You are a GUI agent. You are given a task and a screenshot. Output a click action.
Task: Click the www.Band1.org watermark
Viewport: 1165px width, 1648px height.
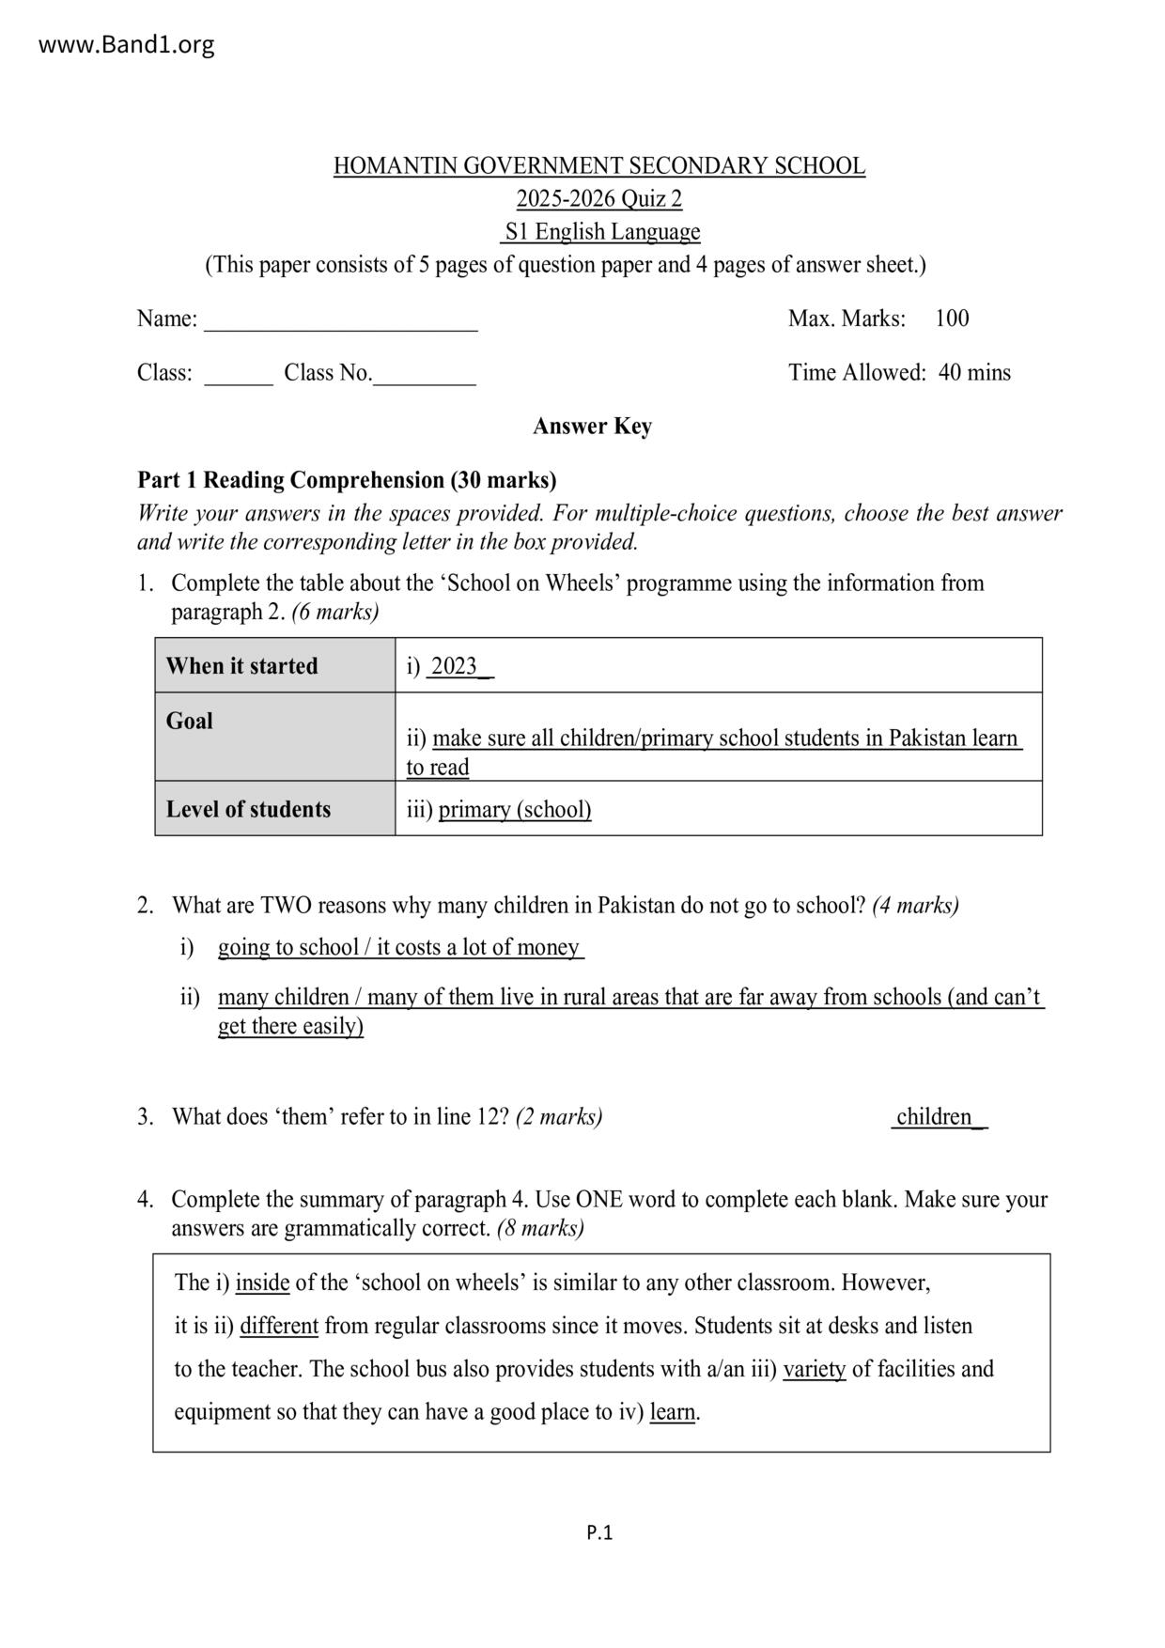(x=126, y=44)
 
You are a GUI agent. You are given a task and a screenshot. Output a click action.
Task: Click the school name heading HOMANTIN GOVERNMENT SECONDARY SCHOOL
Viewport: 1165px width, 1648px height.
(x=598, y=166)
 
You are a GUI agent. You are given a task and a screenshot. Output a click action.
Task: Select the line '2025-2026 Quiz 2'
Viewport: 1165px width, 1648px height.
(x=598, y=199)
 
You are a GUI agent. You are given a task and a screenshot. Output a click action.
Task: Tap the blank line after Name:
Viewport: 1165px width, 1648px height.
(x=341, y=321)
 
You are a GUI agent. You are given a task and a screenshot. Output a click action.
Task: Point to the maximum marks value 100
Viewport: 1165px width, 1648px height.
(x=952, y=319)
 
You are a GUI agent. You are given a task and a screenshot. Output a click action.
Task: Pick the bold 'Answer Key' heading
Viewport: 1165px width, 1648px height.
(x=592, y=427)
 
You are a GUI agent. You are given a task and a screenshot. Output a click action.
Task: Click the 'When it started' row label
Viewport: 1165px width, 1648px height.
(x=241, y=666)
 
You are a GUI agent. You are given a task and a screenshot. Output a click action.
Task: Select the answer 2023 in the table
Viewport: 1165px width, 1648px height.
(x=455, y=666)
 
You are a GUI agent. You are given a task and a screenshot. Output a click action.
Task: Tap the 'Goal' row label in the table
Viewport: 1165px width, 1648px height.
(x=190, y=721)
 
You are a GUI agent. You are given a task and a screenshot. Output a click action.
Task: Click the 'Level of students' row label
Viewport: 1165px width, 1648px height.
(x=248, y=809)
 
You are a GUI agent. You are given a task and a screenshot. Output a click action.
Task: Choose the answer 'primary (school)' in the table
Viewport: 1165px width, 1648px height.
(x=515, y=809)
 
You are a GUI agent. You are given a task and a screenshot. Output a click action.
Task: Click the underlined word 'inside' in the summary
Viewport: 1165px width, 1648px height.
(x=262, y=1283)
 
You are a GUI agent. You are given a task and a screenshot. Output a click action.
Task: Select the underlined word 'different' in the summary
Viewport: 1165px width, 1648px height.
(x=279, y=1326)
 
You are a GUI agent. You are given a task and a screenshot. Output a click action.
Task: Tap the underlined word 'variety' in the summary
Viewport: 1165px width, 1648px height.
(x=815, y=1369)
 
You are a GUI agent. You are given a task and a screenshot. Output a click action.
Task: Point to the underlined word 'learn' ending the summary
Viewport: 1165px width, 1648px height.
(x=673, y=1412)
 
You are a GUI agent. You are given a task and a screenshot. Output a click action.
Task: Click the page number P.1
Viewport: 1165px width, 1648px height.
(x=599, y=1533)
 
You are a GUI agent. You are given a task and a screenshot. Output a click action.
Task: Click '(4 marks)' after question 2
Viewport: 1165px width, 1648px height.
(x=915, y=906)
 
